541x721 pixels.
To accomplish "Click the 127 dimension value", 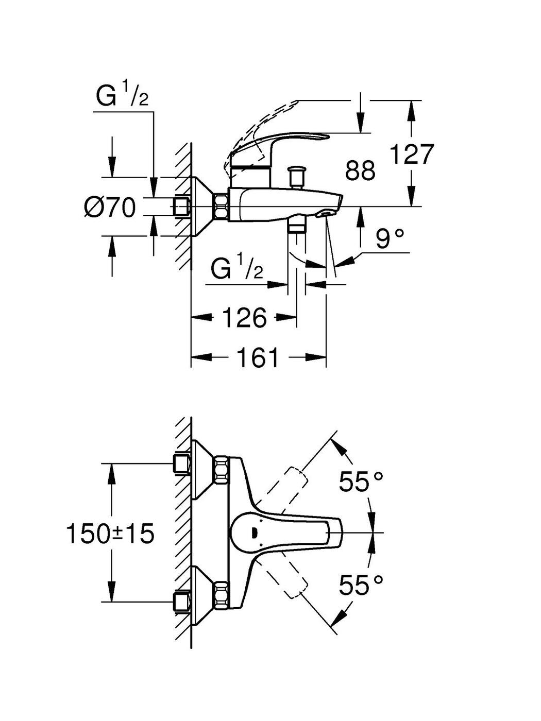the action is coord(413,154).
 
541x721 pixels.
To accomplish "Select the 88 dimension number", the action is coord(360,170).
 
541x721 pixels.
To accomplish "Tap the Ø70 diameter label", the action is coord(110,208).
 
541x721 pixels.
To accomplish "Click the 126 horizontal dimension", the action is coord(244,317).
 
